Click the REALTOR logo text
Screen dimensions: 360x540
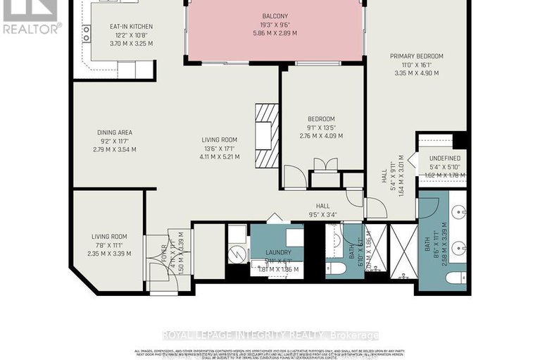(32, 28)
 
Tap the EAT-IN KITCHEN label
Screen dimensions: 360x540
(131, 27)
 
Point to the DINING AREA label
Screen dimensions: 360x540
(114, 132)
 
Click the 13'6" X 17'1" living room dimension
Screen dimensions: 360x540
(220, 148)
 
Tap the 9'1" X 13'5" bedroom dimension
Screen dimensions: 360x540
(321, 128)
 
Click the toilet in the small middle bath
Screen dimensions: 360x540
(337, 269)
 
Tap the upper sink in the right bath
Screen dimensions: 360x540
(458, 213)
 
